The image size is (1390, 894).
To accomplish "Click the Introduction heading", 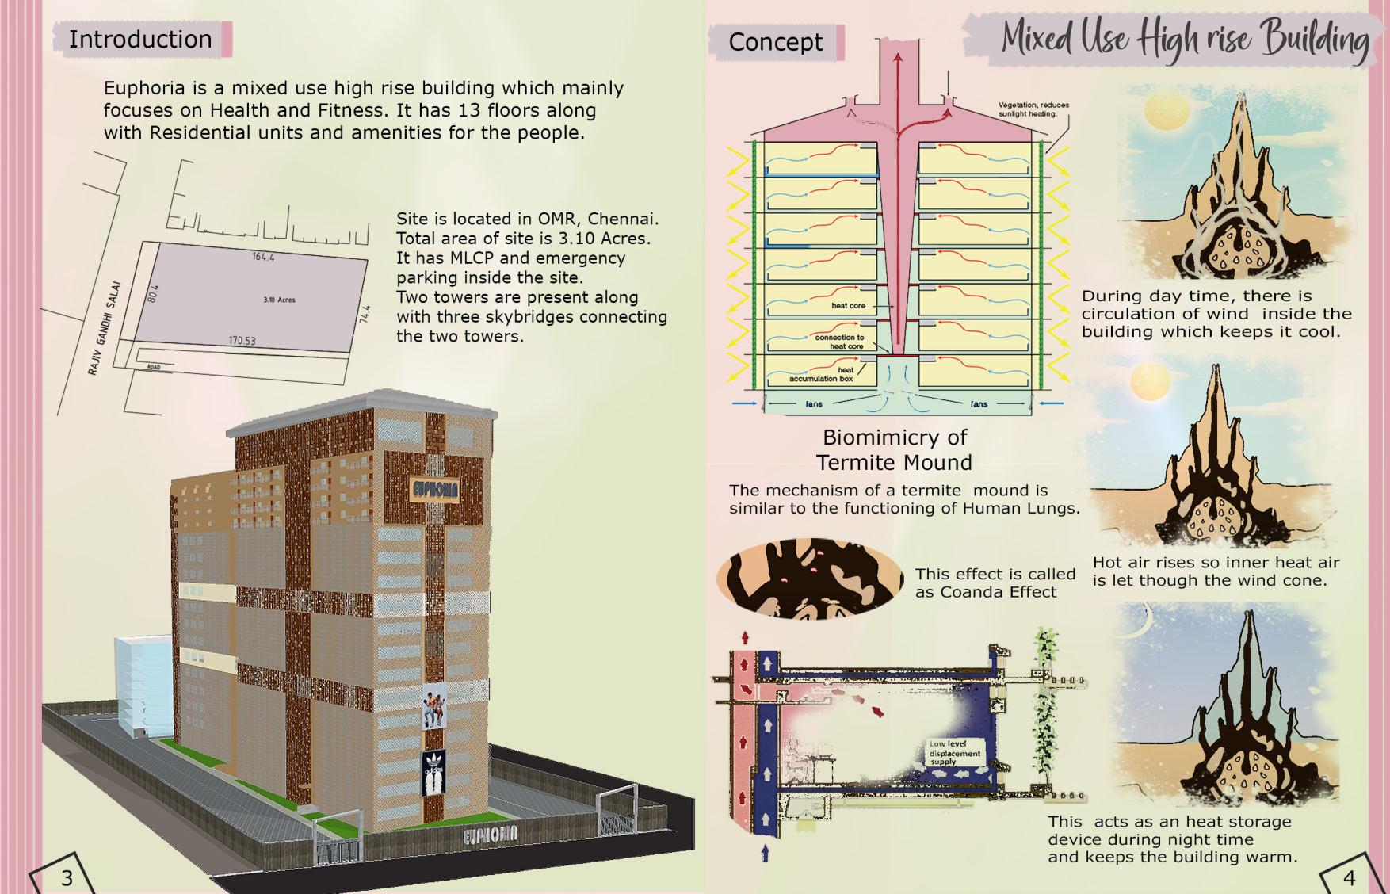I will pos(140,39).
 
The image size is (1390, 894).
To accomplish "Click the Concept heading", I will pos(775,42).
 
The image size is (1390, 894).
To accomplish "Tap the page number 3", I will pos(67,877).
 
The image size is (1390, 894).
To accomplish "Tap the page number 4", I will pos(1349,877).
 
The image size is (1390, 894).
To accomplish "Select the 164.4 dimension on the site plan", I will pos(263,257).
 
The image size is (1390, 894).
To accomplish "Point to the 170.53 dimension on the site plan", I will pos(242,341).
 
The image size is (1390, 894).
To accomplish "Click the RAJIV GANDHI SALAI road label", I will pos(104,327).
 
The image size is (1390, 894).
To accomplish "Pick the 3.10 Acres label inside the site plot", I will pos(279,300).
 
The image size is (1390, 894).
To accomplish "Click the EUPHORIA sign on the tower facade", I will pos(435,488).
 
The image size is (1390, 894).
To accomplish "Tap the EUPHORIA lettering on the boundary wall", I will pos(491,834).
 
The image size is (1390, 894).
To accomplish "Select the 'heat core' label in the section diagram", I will pos(848,305).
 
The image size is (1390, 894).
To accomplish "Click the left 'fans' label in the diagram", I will pos(814,404).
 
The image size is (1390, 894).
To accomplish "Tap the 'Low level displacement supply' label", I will pos(955,753).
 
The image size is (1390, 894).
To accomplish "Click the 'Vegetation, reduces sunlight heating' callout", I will pos(1033,109).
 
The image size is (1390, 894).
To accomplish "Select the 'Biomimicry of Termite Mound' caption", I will pos(895,449).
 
